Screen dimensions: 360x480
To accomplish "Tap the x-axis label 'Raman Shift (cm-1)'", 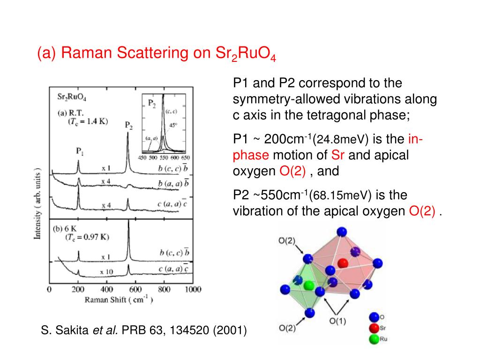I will click(x=119, y=300).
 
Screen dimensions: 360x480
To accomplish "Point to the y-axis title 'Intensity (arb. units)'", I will click(x=38, y=203).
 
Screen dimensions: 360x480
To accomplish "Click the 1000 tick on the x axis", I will click(x=192, y=289).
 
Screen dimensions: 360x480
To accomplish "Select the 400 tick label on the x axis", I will click(x=107, y=289).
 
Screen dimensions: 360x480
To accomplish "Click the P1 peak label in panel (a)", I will click(x=80, y=151).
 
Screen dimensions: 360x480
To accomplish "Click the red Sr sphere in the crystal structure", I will click(x=343, y=263).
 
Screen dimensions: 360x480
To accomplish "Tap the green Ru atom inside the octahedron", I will click(x=308, y=285).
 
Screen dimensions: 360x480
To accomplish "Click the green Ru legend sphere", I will click(x=374, y=338).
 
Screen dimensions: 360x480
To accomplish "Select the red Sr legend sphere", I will click(x=374, y=328).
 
